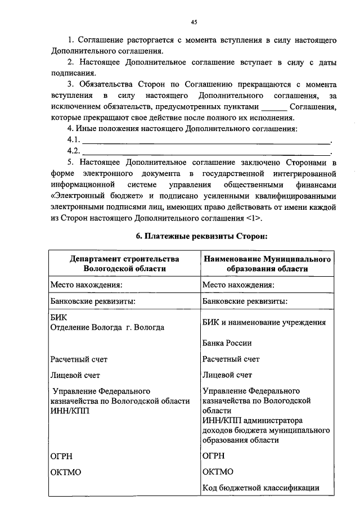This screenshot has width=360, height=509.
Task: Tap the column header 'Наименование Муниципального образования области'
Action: (265, 264)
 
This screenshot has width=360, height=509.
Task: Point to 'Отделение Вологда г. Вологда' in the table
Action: (107, 327)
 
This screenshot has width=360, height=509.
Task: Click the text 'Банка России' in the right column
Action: (227, 343)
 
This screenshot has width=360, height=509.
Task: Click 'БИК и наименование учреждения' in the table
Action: (264, 322)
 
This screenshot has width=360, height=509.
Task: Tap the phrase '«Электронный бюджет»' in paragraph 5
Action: (101, 196)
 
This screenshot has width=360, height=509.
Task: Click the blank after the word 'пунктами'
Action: (274, 107)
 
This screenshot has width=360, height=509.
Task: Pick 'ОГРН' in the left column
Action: (61, 456)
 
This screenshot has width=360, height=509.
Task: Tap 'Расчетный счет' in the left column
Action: (79, 359)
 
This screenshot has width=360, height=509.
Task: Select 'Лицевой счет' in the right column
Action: (227, 375)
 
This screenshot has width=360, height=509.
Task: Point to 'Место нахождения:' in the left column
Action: (86, 285)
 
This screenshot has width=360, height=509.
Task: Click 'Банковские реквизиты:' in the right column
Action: (245, 301)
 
